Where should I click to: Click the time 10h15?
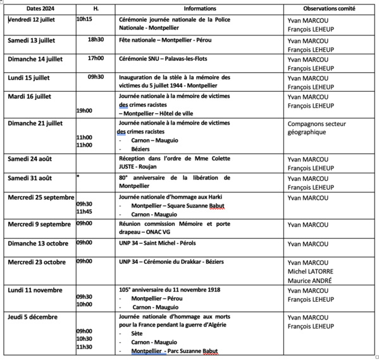click(x=84, y=20)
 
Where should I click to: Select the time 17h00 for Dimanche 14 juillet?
click(x=96, y=58)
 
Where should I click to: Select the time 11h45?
click(x=84, y=211)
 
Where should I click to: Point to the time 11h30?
click(x=84, y=347)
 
